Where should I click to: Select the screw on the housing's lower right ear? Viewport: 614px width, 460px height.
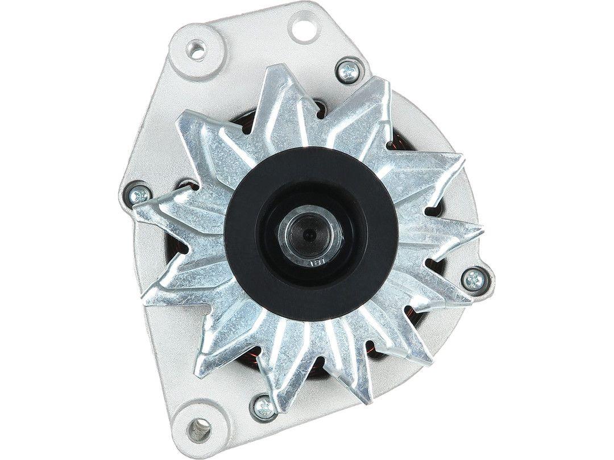[474, 278]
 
